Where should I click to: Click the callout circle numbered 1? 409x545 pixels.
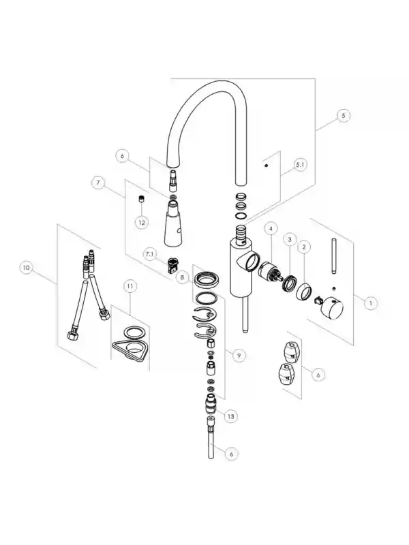pyautogui.click(x=371, y=303)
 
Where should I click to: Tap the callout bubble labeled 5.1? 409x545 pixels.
pyautogui.click(x=300, y=165)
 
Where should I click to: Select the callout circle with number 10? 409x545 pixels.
pyautogui.click(x=27, y=268)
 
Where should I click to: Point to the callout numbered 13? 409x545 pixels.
pyautogui.click(x=230, y=416)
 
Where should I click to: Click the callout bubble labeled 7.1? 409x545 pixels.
pyautogui.click(x=149, y=254)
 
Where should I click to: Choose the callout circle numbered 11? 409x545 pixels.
pyautogui.click(x=130, y=286)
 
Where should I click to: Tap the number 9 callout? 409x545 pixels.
pyautogui.click(x=239, y=355)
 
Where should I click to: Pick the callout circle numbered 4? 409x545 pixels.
pyautogui.click(x=271, y=228)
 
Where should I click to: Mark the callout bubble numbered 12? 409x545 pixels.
pyautogui.click(x=142, y=223)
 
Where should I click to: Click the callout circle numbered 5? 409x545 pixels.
pyautogui.click(x=344, y=115)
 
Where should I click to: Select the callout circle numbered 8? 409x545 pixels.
pyautogui.click(x=182, y=277)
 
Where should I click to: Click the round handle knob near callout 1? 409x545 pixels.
pyautogui.click(x=332, y=308)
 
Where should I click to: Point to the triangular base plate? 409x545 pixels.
pyautogui.click(x=130, y=349)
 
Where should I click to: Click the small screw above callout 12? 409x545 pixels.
pyautogui.click(x=142, y=198)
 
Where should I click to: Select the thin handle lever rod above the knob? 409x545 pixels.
pyautogui.click(x=334, y=256)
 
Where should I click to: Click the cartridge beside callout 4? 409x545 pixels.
pyautogui.click(x=270, y=271)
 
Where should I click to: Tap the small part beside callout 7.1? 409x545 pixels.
pyautogui.click(x=172, y=265)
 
